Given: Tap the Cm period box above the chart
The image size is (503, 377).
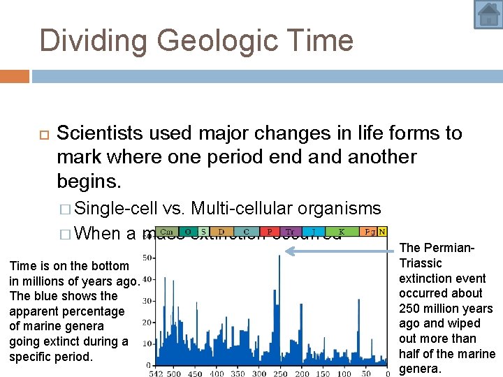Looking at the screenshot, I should tap(167, 232).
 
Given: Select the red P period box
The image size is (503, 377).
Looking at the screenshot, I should tap(270, 232).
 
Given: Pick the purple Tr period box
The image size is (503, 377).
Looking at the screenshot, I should tap(290, 232).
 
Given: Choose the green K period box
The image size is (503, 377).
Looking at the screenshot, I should tap(341, 232).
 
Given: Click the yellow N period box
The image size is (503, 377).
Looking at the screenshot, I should tap(382, 232).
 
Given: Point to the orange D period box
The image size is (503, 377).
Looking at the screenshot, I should tap(221, 232).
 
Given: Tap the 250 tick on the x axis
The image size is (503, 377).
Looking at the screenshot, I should tap(279, 373).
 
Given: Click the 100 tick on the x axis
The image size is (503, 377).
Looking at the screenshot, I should tap(344, 373).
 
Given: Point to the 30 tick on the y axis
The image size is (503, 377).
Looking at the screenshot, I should tap(147, 301).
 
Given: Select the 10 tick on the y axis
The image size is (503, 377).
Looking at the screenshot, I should tap(147, 343).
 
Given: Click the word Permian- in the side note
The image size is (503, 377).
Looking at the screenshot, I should tap(437, 248).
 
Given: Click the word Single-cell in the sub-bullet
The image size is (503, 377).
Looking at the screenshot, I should tap(115, 208).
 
